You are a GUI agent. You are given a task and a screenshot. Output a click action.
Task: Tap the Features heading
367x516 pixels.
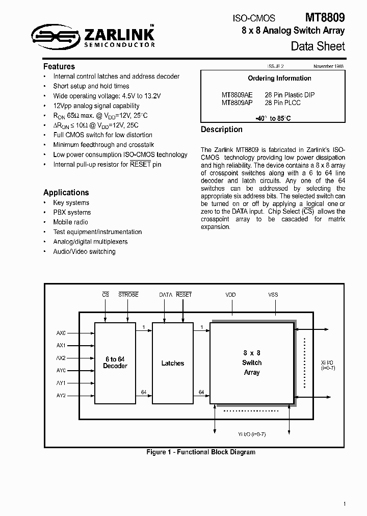point(59,66)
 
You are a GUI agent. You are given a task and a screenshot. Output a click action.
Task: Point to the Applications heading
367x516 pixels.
point(66,192)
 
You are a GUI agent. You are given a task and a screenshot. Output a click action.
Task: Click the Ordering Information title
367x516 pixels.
point(279,78)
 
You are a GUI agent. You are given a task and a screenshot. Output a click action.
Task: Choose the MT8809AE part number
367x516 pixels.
point(237,95)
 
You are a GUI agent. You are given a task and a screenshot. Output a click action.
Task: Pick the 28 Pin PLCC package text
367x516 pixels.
point(283,102)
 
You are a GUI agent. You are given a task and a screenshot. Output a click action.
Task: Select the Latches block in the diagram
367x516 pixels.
point(172,363)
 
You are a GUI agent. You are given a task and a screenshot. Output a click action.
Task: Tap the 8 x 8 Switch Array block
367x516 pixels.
point(252,363)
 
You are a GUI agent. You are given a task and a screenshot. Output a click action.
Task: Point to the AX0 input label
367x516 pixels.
point(61,333)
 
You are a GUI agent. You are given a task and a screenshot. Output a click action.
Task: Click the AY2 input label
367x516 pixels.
point(61,395)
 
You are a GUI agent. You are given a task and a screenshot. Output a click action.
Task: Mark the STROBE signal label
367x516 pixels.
point(128,295)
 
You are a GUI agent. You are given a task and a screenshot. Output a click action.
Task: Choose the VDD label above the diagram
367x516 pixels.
point(230,295)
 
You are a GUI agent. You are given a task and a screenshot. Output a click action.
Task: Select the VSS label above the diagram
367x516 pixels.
point(273,295)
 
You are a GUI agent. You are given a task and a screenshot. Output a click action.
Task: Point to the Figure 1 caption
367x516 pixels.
point(201,452)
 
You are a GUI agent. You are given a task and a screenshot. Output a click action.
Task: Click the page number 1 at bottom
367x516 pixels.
point(345,504)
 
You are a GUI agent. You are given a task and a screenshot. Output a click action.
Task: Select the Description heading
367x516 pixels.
point(221,130)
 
